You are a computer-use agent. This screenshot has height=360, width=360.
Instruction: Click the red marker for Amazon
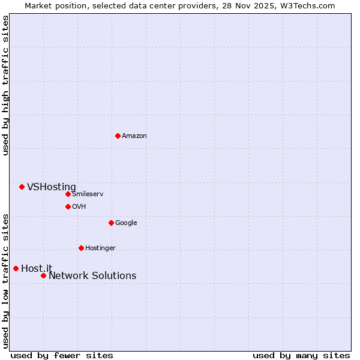118,136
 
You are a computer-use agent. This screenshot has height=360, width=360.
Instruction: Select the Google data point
111,223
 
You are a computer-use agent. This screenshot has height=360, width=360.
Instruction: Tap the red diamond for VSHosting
22,187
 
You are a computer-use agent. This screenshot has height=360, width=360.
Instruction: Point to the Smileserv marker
68,194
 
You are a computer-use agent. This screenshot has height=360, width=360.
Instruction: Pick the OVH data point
68,206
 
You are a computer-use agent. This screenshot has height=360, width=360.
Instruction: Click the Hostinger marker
81,248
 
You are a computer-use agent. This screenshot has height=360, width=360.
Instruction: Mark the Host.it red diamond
16,268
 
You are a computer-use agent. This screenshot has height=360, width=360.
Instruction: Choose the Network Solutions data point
43,275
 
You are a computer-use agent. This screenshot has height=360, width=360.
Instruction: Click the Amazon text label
134,136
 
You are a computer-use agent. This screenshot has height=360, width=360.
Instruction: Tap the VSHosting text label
52,187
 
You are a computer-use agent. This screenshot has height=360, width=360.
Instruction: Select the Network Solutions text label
92,276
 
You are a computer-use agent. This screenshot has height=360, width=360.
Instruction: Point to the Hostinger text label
100,248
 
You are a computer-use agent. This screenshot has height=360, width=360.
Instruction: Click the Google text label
126,223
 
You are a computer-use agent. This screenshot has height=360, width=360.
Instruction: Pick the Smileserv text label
88,194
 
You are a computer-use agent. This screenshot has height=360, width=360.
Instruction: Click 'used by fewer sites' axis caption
62,356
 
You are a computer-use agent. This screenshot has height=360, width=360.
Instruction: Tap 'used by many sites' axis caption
301,356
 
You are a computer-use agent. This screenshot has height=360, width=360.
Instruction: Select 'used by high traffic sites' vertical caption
5,85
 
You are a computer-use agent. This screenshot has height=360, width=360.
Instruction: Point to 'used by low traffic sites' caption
5,281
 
